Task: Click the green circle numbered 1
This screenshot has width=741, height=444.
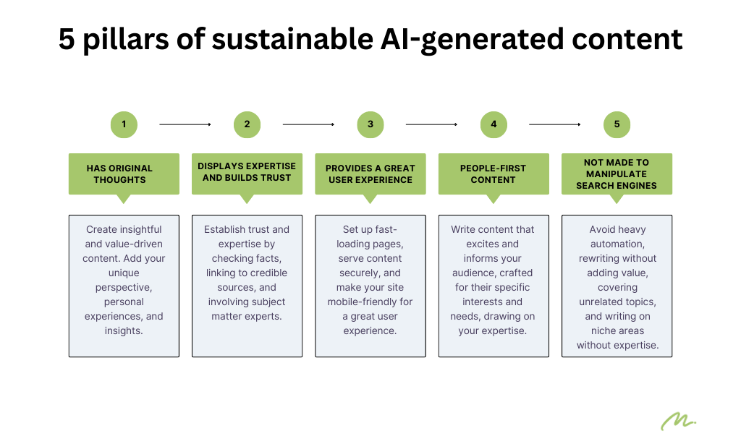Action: coord(124,124)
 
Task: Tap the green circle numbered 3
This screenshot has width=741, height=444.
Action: coord(370,124)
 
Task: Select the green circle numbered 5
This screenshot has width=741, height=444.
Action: coord(617,124)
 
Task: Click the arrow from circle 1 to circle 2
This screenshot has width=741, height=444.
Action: coord(185,124)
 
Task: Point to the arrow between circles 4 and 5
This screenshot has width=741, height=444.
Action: coord(555,124)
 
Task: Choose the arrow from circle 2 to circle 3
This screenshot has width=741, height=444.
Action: coord(308,124)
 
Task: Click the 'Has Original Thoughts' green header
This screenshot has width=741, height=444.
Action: coord(124,174)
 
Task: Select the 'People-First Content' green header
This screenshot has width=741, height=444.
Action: coord(494,174)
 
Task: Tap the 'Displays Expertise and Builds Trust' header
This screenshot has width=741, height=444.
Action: coord(247,174)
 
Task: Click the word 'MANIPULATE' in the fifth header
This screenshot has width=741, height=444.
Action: coord(617,174)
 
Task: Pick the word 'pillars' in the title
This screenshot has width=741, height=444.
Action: coord(126,39)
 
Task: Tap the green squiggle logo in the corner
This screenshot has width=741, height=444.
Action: coord(678,422)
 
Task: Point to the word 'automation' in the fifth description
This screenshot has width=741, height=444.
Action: coord(617,244)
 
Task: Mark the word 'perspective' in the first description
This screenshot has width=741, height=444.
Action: coord(124,288)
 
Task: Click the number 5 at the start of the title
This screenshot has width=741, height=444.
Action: coord(67,39)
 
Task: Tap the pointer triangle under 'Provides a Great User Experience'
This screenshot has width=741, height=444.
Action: coord(370,198)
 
